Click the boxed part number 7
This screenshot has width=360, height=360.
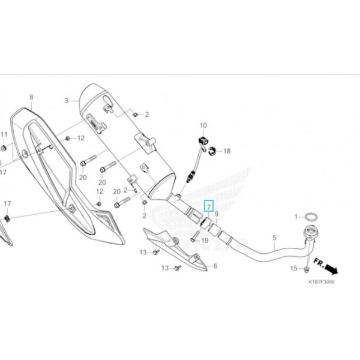coord(208,206)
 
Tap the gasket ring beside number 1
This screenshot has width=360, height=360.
coord(312,216)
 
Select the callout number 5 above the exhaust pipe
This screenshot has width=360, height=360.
coord(274,238)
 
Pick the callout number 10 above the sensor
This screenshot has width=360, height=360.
coord(203,125)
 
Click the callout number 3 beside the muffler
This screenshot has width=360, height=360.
coord(67,101)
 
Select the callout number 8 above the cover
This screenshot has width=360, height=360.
coord(31,97)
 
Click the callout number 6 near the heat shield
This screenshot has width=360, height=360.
coord(215,265)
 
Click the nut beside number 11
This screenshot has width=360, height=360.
coord(5,147)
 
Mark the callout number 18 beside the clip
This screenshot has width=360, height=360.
coord(227,152)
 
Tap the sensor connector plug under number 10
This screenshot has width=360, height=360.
coord(203,142)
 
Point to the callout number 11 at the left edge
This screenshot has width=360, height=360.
coord(4,134)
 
